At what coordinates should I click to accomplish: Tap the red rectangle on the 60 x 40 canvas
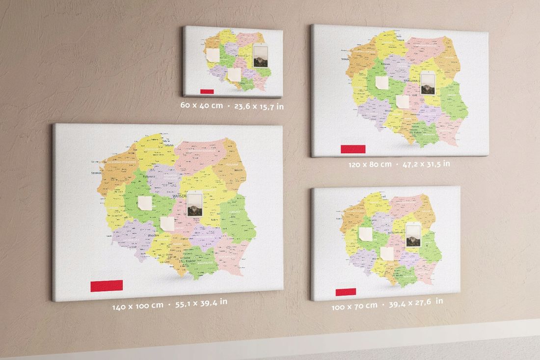pyautogui.click(x=208, y=91)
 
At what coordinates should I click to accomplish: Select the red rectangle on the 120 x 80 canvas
pyautogui.click(x=353, y=149)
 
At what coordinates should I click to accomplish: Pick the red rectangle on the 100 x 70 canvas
pyautogui.click(x=346, y=292)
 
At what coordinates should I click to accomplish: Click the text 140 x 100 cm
pyautogui.click(x=137, y=305)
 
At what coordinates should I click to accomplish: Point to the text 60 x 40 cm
pyautogui.click(x=201, y=106)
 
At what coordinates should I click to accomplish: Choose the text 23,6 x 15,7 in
pyautogui.click(x=259, y=106)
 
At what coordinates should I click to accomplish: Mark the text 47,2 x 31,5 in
pyautogui.click(x=426, y=164)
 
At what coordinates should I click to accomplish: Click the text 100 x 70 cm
pyautogui.click(x=354, y=305)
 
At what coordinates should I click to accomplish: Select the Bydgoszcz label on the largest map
pyautogui.click(x=149, y=176)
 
